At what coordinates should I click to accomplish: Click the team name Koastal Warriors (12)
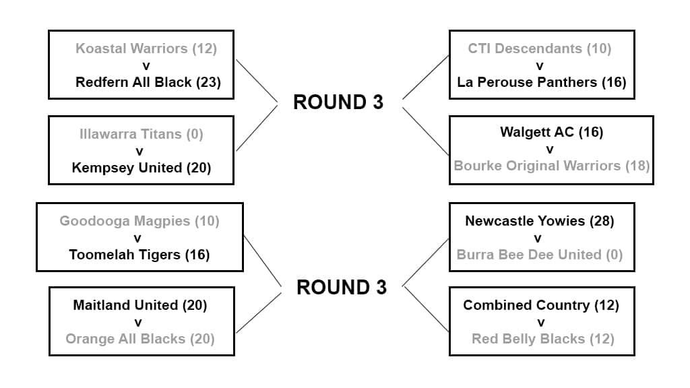click(146, 48)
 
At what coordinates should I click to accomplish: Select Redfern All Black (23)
click(148, 82)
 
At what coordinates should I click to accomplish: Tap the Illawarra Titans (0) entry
click(140, 134)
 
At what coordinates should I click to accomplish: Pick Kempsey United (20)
click(142, 168)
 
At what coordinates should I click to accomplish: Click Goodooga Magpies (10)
click(139, 221)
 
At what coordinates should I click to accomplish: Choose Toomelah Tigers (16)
click(139, 255)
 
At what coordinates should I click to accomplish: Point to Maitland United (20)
click(140, 305)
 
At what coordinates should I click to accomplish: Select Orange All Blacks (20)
click(140, 339)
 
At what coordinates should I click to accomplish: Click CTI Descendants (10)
click(540, 48)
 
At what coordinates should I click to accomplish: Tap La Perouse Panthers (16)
click(542, 82)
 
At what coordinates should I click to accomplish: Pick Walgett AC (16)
click(551, 132)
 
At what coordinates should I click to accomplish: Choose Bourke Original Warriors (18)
click(551, 166)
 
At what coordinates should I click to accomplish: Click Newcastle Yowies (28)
click(540, 221)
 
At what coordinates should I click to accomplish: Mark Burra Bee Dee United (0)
click(540, 255)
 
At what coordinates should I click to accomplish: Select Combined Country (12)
click(541, 305)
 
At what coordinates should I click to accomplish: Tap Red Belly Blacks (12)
click(543, 339)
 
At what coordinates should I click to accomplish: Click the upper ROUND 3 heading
click(338, 102)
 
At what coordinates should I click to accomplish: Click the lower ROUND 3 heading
click(342, 288)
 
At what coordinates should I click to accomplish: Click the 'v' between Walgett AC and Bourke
click(550, 149)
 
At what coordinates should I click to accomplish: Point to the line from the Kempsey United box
click(256, 128)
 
